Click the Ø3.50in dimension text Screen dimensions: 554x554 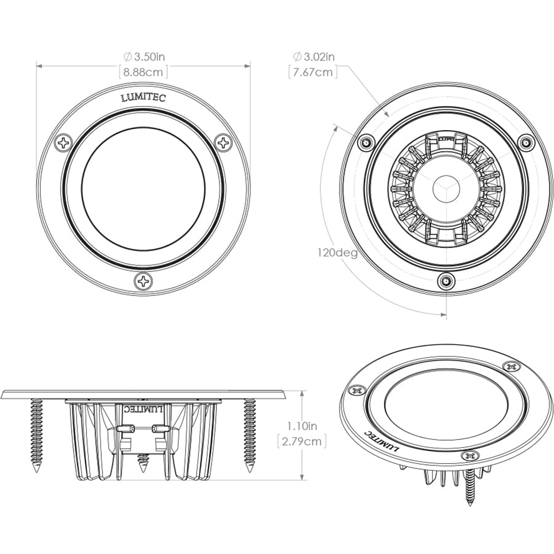pyautogui.click(x=143, y=56)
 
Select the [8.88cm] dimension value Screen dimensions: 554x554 pyautogui.click(x=143, y=71)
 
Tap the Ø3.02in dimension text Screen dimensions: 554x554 pyautogui.click(x=314, y=56)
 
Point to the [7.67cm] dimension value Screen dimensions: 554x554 pyautogui.click(x=314, y=71)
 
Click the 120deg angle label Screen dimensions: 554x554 pyautogui.click(x=337, y=253)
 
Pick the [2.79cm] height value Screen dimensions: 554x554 pyautogui.click(x=302, y=441)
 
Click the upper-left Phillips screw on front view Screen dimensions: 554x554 pyautogui.click(x=64, y=142)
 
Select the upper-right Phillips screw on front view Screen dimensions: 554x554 pyautogui.click(x=223, y=142)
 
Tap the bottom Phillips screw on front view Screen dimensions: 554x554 pyautogui.click(x=143, y=281)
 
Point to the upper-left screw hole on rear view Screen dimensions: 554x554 pyautogui.click(x=365, y=142)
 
